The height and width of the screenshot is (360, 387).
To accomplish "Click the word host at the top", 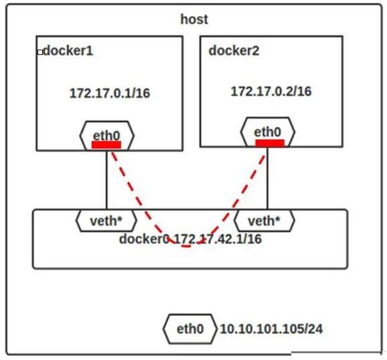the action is tap(194, 19).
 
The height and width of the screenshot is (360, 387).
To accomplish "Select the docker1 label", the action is tap(68, 51).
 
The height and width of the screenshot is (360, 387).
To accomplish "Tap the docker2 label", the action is tap(234, 51).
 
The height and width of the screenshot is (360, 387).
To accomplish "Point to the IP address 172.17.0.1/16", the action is tap(110, 93).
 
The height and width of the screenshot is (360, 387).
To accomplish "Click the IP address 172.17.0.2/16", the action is tap(271, 91).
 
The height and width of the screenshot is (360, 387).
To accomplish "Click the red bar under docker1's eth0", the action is tap(106, 145).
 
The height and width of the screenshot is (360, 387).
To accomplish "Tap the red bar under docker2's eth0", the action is tap(270, 143).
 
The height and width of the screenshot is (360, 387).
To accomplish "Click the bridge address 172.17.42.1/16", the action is tap(218, 239).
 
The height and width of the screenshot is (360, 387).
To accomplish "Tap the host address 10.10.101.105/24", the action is tap(271, 329).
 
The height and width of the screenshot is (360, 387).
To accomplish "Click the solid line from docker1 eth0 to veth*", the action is tap(106, 180).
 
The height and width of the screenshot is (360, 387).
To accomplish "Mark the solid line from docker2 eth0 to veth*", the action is tap(267, 178).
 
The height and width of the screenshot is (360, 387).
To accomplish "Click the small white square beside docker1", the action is tap(40, 52).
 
